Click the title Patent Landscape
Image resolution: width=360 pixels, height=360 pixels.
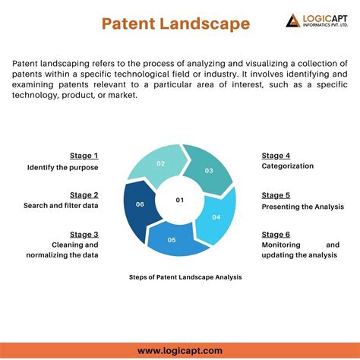(175, 24)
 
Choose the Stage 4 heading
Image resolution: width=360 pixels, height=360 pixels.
(276, 155)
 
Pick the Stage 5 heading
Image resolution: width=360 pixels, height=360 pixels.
(276, 194)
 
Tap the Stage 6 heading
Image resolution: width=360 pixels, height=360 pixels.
(276, 234)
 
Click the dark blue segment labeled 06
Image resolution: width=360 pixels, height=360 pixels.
(140, 204)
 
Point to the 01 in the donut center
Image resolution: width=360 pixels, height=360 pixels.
(180, 200)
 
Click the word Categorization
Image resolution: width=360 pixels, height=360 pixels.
(288, 166)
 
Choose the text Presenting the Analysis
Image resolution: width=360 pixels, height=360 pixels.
(302, 206)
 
